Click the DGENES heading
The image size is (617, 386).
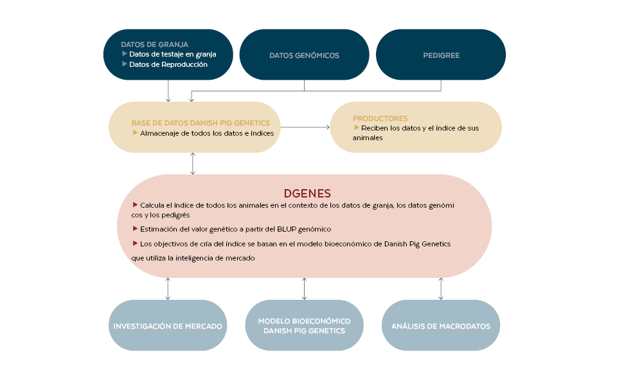pyautogui.click(x=307, y=193)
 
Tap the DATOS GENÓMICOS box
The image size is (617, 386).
pyautogui.click(x=304, y=55)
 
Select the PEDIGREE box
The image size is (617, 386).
pyautogui.click(x=441, y=55)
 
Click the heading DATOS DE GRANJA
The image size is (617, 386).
pyautogui.click(x=154, y=44)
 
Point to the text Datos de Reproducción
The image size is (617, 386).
pyautogui.click(x=168, y=64)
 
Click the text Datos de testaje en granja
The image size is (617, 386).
pyautogui.click(x=172, y=54)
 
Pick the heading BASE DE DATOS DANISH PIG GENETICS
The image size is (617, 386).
pyautogui.click(x=201, y=122)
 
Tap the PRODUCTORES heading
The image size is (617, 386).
pyautogui.click(x=380, y=118)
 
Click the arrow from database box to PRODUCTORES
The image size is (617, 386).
pyautogui.click(x=305, y=127)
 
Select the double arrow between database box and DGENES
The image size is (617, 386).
pyautogui.click(x=193, y=163)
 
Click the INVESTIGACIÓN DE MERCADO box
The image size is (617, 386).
pyautogui.click(x=168, y=326)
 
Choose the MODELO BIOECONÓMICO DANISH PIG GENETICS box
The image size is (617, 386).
pyautogui.click(x=304, y=326)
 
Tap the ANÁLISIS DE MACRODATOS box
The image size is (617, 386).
pyautogui.click(x=440, y=326)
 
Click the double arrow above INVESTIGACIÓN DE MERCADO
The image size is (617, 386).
pyautogui.click(x=168, y=289)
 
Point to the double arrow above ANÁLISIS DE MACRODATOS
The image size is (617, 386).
pyautogui.click(x=441, y=289)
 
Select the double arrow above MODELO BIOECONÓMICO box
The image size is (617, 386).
pyautogui.click(x=304, y=289)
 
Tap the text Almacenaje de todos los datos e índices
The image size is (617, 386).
pyautogui.click(x=207, y=133)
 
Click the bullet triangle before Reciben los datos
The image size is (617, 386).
pyautogui.click(x=357, y=127)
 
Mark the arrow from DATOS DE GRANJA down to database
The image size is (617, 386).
pyautogui.click(x=168, y=91)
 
